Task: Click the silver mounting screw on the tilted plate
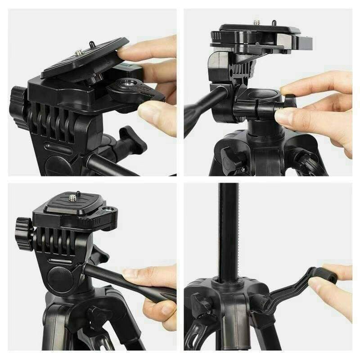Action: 79,53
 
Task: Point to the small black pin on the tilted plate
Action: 91,44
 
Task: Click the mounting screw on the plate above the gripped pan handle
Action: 72,197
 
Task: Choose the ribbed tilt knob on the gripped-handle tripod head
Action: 23,233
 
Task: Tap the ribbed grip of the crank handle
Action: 327,274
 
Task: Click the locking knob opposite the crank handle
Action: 198,304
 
